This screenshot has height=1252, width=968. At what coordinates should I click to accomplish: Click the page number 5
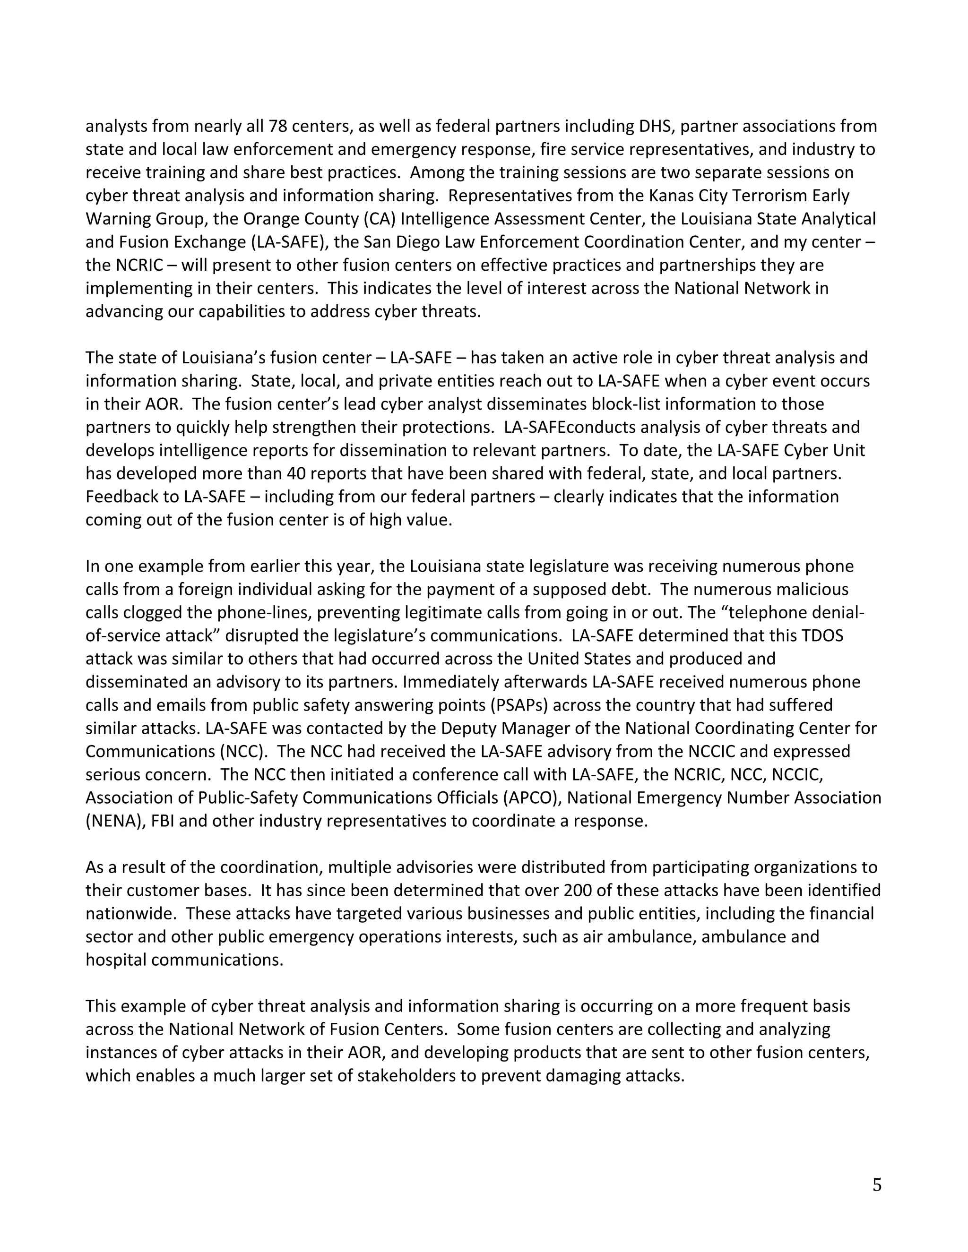tap(877, 1185)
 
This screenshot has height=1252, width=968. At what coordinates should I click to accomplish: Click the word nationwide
tap(131, 913)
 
